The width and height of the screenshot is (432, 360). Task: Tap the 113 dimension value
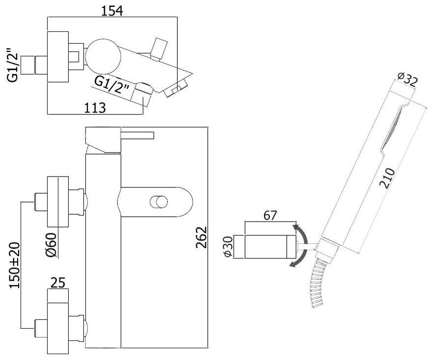pyautogui.click(x=94, y=107)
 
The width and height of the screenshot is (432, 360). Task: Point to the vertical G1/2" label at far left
pyautogui.click(x=13, y=63)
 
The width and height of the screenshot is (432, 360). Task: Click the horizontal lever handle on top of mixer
pyautogui.click(x=137, y=135)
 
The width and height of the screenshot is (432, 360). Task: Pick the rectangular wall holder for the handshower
pyautogui.click(x=270, y=247)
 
